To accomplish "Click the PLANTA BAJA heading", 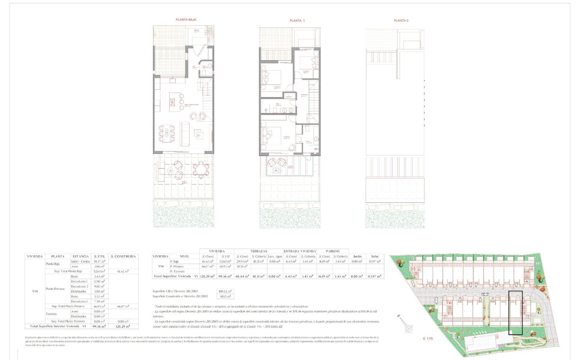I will click(186, 19).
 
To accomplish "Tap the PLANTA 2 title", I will click(401, 21).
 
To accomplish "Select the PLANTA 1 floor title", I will click(297, 21).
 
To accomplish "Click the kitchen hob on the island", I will click(173, 103).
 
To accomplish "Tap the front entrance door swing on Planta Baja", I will click(199, 51).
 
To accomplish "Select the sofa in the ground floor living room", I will click(184, 134).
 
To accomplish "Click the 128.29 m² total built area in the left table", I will click(123, 326).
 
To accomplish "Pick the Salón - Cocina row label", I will click(80, 261).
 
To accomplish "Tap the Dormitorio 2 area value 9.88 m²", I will click(99, 286).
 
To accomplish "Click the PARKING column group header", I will click(333, 251).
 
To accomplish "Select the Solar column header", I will click(375, 256).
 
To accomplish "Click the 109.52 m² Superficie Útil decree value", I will click(225, 291).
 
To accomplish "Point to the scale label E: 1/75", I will click(428, 338).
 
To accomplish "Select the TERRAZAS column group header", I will click(259, 251).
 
